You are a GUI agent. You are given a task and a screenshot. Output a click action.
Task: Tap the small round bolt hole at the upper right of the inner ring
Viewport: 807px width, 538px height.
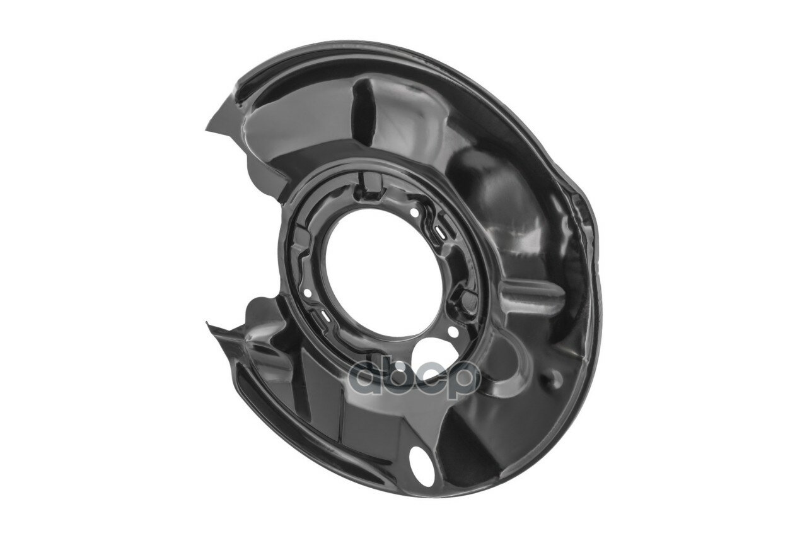pos(414,213)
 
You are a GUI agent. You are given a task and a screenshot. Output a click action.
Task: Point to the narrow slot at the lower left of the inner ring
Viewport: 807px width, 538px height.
pos(326,316)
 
